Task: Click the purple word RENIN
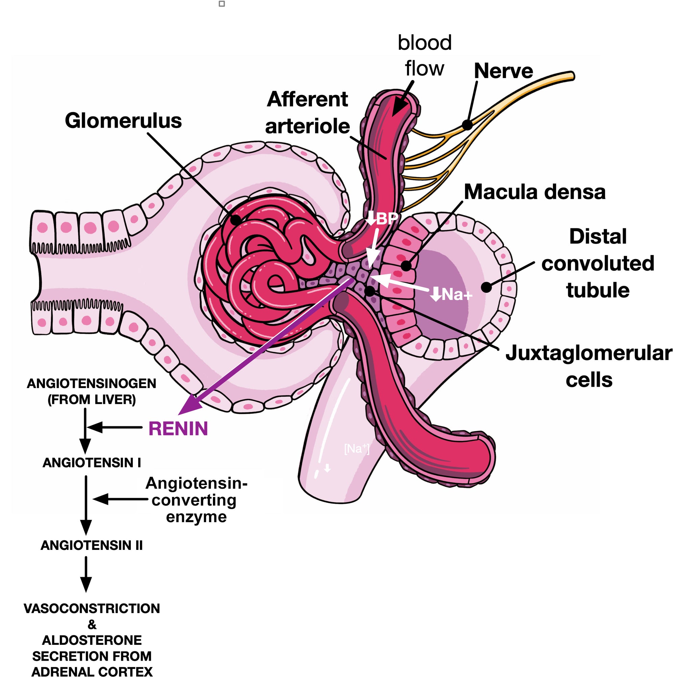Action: (178, 429)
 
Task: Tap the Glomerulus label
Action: (123, 121)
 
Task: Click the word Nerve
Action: (503, 71)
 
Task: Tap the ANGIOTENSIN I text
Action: (92, 462)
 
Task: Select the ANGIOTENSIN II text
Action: (92, 545)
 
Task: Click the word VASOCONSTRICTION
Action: (92, 608)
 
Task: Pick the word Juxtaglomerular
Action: (588, 353)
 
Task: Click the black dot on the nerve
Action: (467, 125)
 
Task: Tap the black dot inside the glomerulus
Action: (235, 220)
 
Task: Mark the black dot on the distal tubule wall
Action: (486, 287)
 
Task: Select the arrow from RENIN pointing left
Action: (114, 427)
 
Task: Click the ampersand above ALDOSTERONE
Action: (92, 624)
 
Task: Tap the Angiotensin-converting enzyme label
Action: (196, 500)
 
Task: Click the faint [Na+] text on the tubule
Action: (357, 449)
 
